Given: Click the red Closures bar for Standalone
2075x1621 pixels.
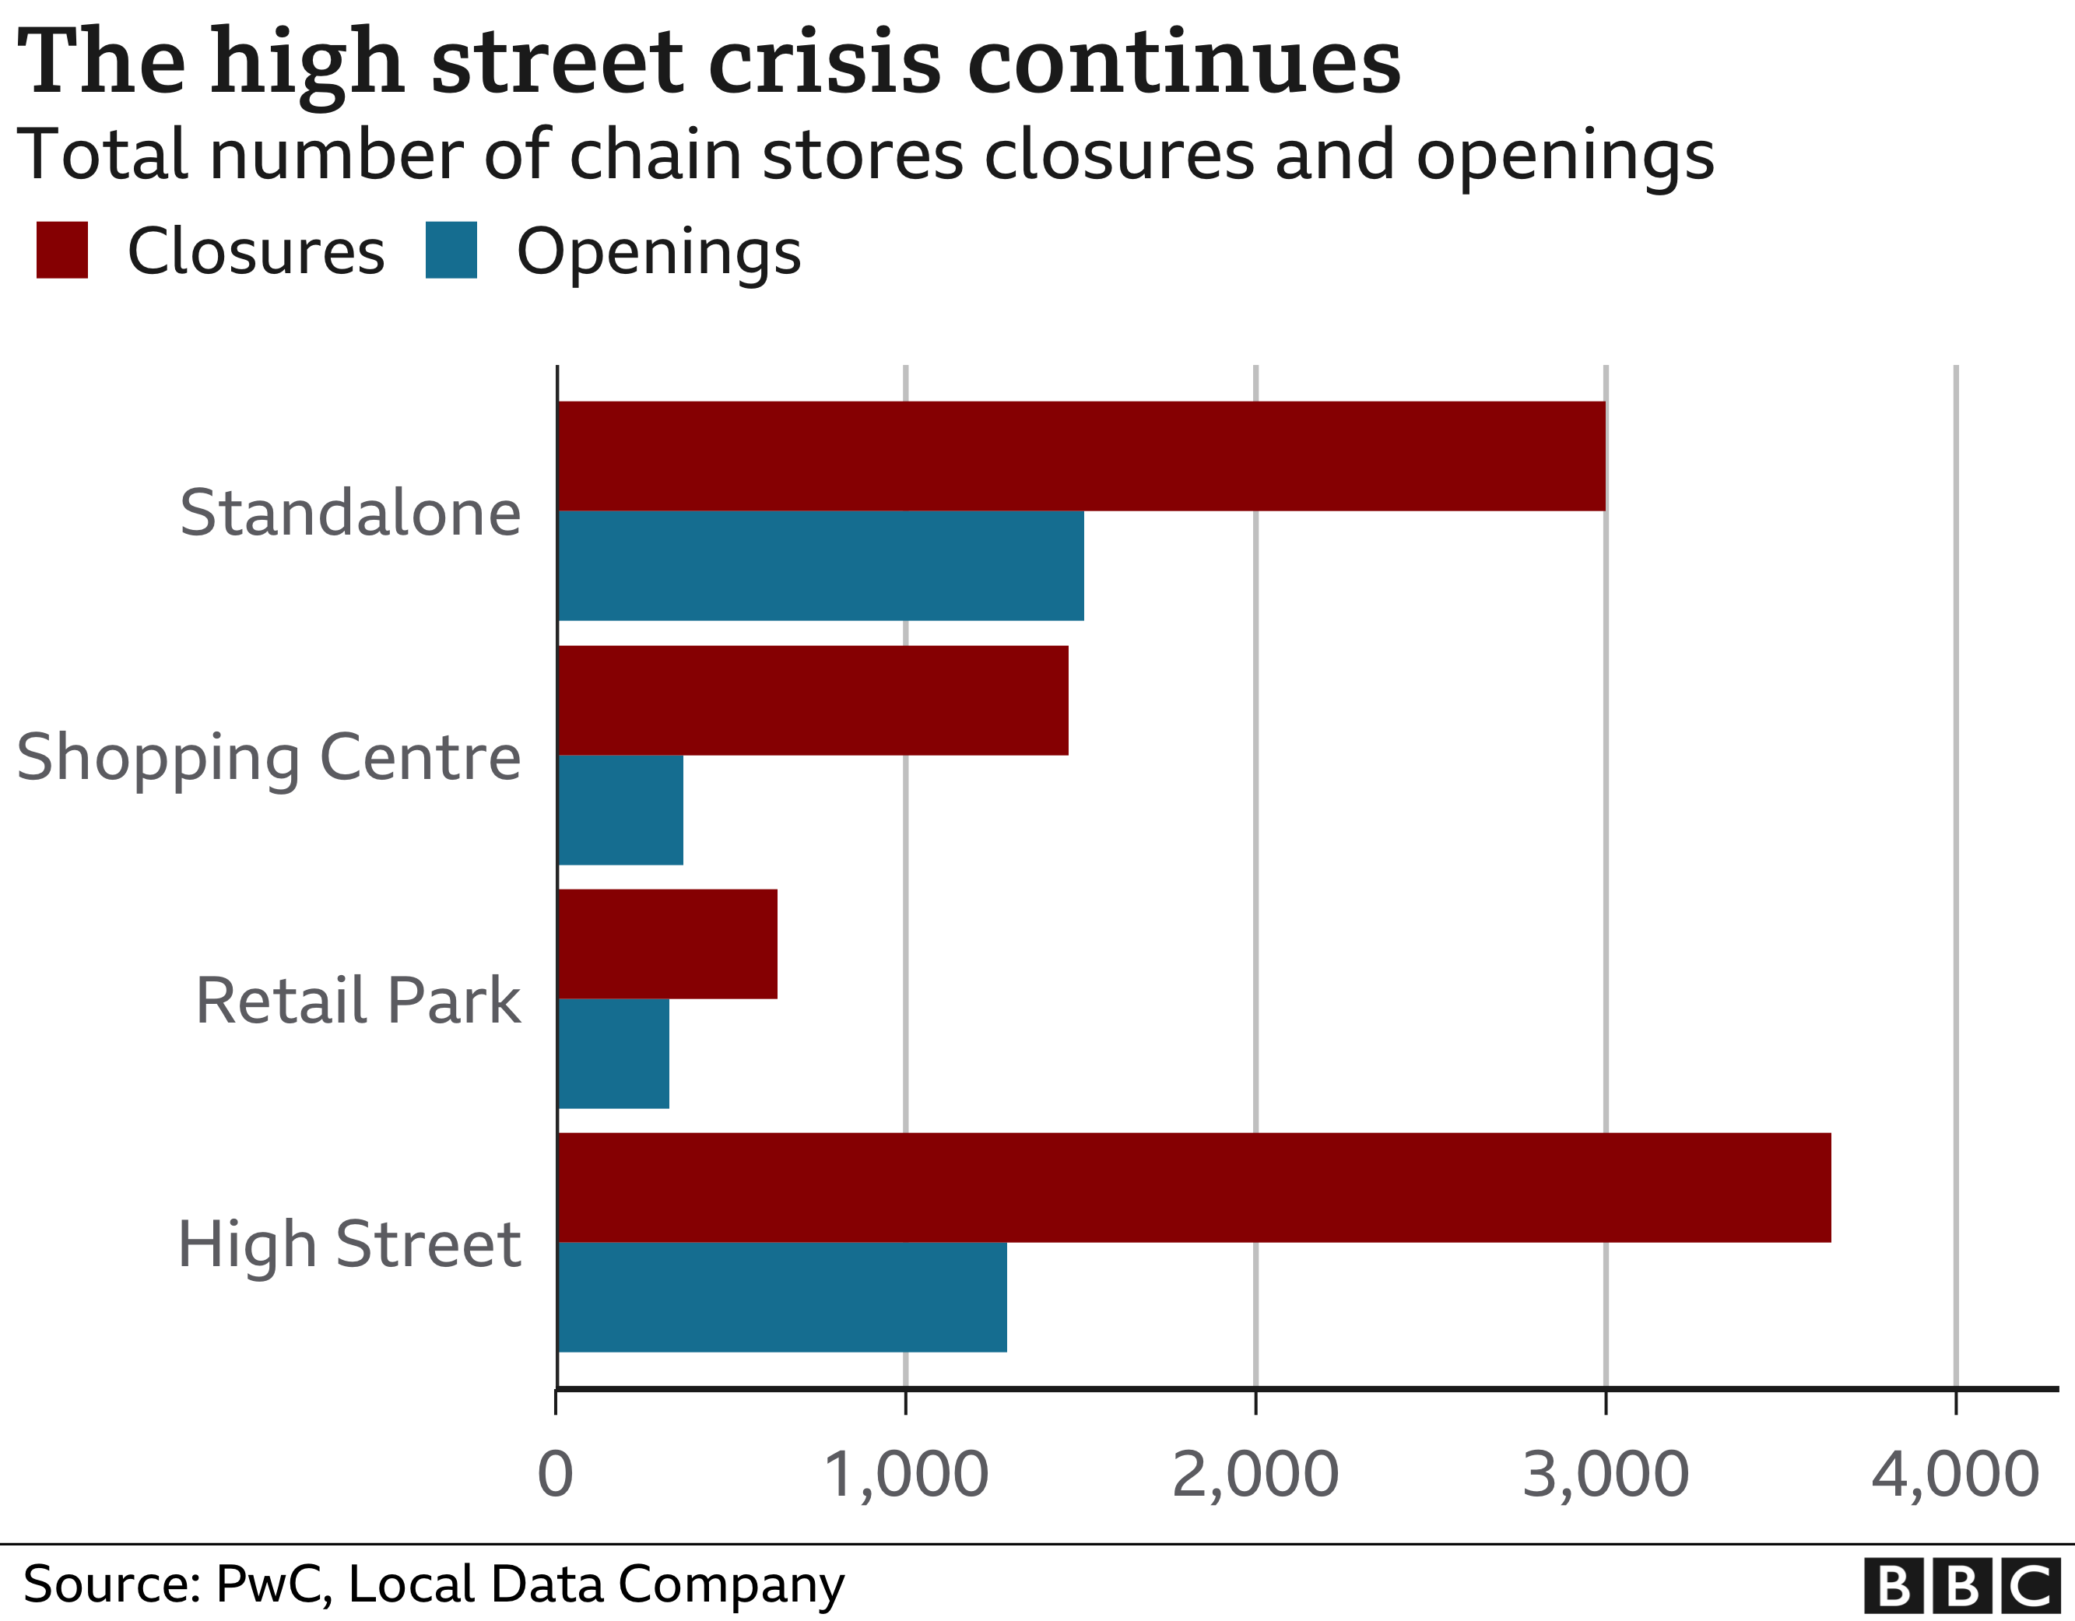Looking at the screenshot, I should (1081, 456).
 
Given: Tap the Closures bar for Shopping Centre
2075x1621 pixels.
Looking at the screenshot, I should (813, 700).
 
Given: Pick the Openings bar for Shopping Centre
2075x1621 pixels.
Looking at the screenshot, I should (620, 809).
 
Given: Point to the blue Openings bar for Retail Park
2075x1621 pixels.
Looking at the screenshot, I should (614, 1053).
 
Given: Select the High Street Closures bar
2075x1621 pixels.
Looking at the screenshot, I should (1194, 1187).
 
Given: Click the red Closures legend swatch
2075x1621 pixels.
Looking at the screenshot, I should (61, 250).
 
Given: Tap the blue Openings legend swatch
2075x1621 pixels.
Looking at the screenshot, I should (451, 250).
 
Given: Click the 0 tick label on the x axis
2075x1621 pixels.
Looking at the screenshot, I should (556, 1475).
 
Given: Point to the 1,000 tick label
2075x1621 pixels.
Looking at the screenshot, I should (905, 1475).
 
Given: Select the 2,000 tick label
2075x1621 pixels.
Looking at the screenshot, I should (1255, 1475).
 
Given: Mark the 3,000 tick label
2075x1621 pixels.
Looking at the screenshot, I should (1606, 1475).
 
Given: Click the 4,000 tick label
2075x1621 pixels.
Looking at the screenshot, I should (1955, 1475).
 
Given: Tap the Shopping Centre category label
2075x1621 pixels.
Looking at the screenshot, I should (269, 757).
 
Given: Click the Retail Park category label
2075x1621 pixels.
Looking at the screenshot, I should (358, 1001).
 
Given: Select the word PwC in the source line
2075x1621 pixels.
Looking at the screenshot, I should (272, 1584).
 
